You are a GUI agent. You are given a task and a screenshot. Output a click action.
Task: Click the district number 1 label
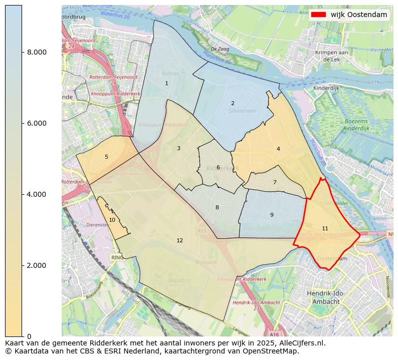166,84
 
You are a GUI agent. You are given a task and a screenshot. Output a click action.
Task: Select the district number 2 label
233,104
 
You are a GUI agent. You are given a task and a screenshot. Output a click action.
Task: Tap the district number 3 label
178,149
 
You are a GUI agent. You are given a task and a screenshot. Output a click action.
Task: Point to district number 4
278,149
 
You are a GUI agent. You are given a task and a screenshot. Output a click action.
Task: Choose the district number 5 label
106,157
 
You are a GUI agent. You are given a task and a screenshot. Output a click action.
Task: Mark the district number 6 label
218,168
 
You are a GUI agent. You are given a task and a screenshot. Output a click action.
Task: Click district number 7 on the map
275,183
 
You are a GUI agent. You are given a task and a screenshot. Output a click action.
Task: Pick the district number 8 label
217,208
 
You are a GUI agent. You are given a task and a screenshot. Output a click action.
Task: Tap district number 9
272,215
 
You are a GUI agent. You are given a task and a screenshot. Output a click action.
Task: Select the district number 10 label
112,220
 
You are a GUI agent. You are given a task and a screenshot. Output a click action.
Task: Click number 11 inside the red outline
325,229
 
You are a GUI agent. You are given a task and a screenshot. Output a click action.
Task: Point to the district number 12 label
179,241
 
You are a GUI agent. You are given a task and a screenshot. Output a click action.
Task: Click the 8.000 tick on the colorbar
37,53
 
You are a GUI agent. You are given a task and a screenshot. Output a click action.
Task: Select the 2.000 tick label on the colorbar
37,265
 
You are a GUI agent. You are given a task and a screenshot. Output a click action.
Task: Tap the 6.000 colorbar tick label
37,124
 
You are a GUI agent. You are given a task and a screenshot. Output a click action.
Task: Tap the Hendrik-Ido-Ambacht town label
326,298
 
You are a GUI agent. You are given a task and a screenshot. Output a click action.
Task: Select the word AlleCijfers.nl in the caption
302,343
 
